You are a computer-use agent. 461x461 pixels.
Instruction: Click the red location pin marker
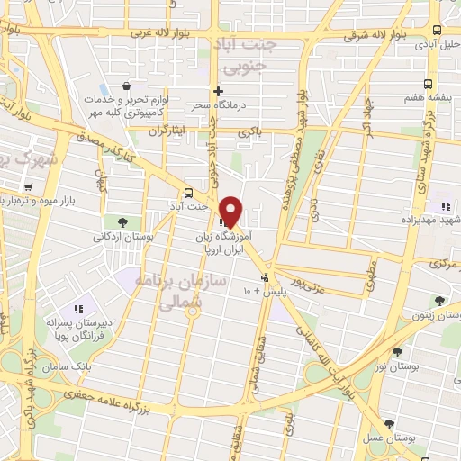pos(230,211)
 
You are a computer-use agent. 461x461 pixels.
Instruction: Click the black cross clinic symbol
pos(217,91)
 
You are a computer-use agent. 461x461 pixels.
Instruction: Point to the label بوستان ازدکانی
pos(122,236)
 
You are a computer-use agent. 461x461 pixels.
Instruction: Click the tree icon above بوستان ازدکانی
pos(122,221)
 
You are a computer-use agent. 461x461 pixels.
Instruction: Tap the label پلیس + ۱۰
pos(255,291)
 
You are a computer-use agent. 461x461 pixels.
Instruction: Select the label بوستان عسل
pos(388,438)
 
